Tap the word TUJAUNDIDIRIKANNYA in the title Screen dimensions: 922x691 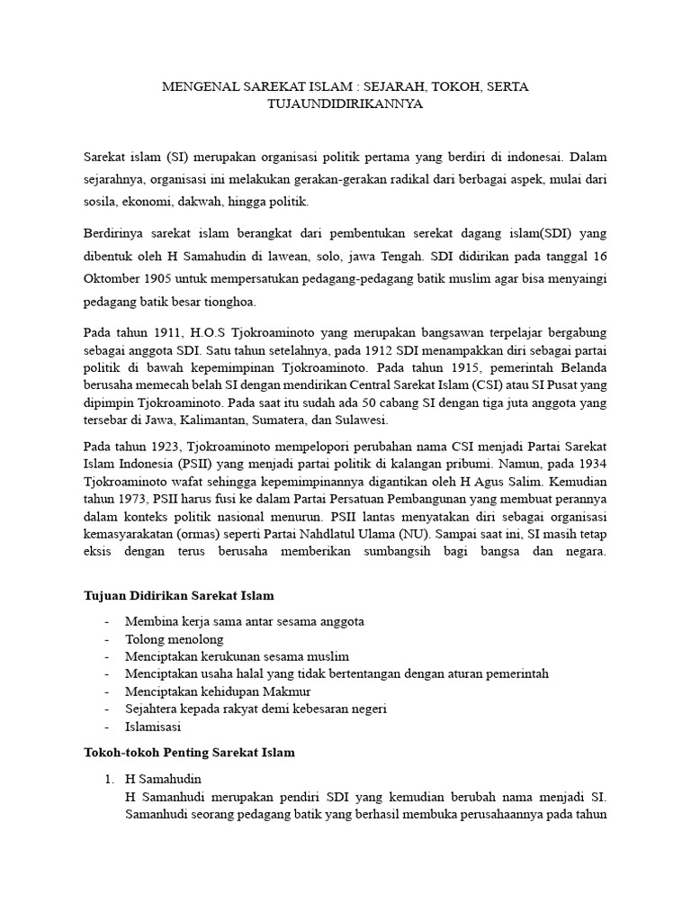(345, 104)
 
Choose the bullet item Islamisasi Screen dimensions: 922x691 (154, 727)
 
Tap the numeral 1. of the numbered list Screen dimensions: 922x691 (110, 779)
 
